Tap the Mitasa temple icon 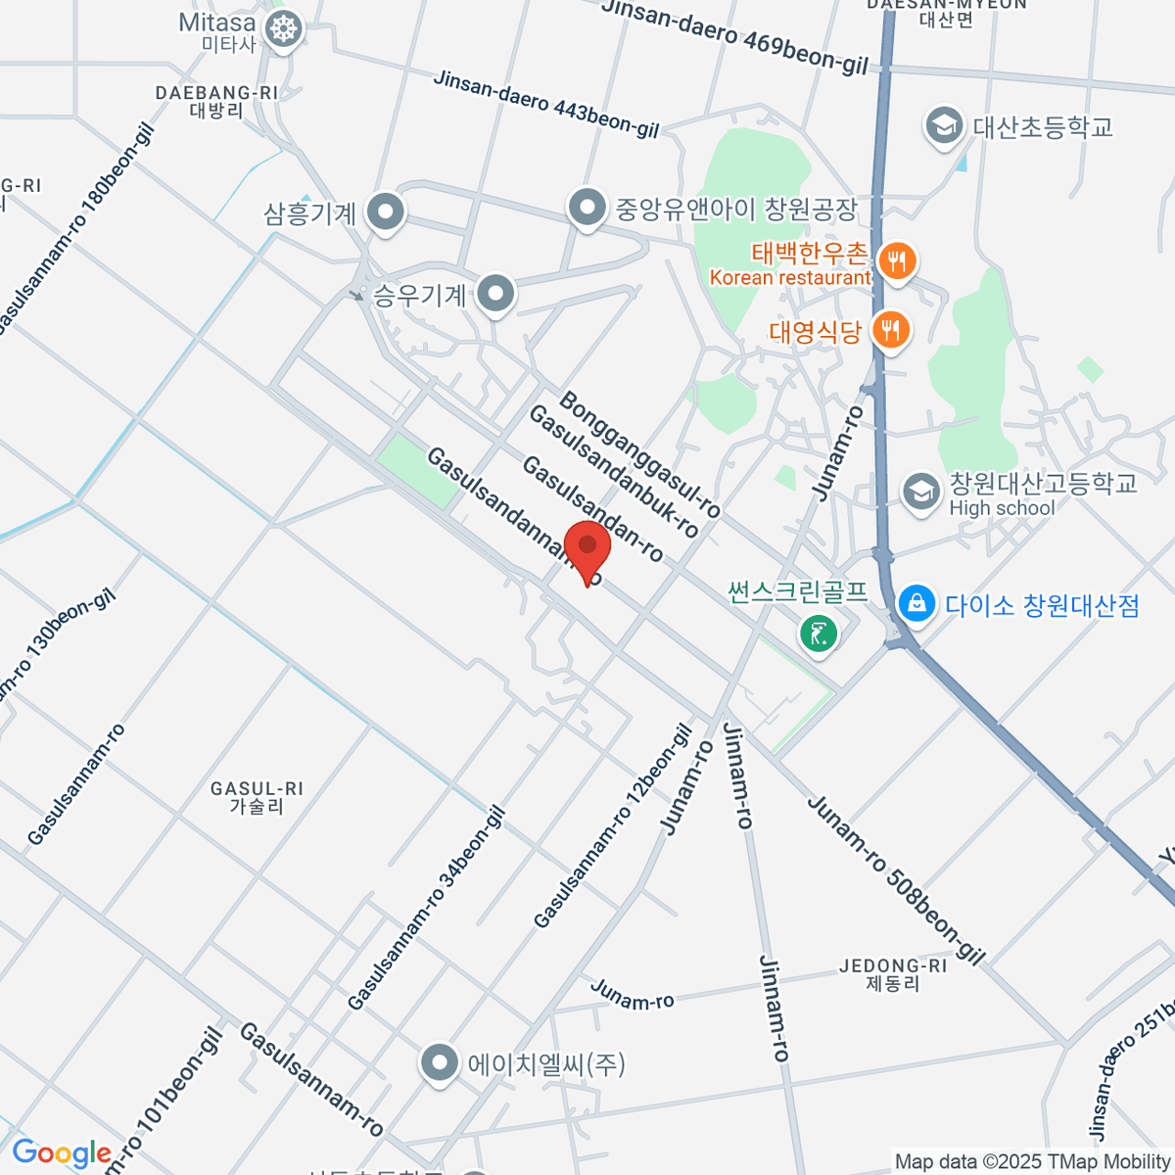(284, 29)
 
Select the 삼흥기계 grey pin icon (386, 212)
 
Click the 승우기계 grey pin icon (495, 294)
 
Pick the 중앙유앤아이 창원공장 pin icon (587, 208)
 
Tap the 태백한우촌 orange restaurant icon (896, 261)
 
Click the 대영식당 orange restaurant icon (889, 330)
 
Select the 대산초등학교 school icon (944, 126)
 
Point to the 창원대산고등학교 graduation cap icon (920, 493)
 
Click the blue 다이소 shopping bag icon (916, 603)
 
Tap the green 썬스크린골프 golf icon (819, 632)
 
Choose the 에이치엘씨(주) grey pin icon (440, 1062)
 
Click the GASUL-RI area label (257, 797)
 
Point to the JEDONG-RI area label (893, 974)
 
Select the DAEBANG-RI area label (216, 101)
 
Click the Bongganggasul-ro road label (640, 454)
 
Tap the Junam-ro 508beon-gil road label (895, 879)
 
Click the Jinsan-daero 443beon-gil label (546, 104)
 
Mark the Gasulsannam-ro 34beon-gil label (427, 908)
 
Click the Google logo (61, 1153)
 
